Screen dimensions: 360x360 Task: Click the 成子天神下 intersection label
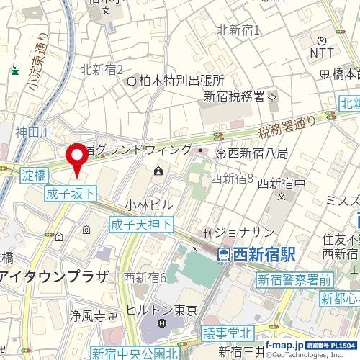pyautogui.click(x=142, y=225)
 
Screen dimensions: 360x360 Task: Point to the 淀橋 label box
pyautogui.click(x=34, y=175)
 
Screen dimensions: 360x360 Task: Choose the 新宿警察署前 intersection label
pyautogui.click(x=295, y=280)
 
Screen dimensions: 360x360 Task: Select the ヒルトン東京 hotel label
pyautogui.click(x=161, y=310)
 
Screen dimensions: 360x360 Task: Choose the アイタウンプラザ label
pyautogui.click(x=54, y=277)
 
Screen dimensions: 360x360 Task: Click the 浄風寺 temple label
pyautogui.click(x=92, y=315)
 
